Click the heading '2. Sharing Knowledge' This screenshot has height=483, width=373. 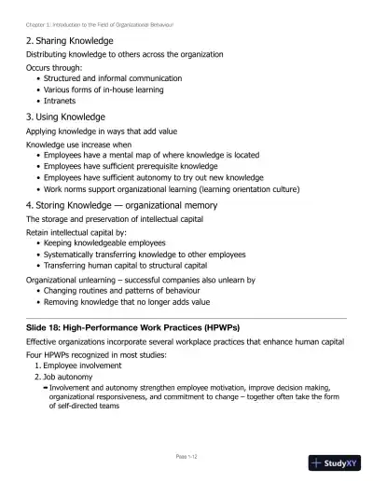click(x=70, y=41)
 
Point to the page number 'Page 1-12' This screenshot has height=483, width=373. click(x=186, y=456)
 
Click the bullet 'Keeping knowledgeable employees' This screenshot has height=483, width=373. click(x=105, y=242)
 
